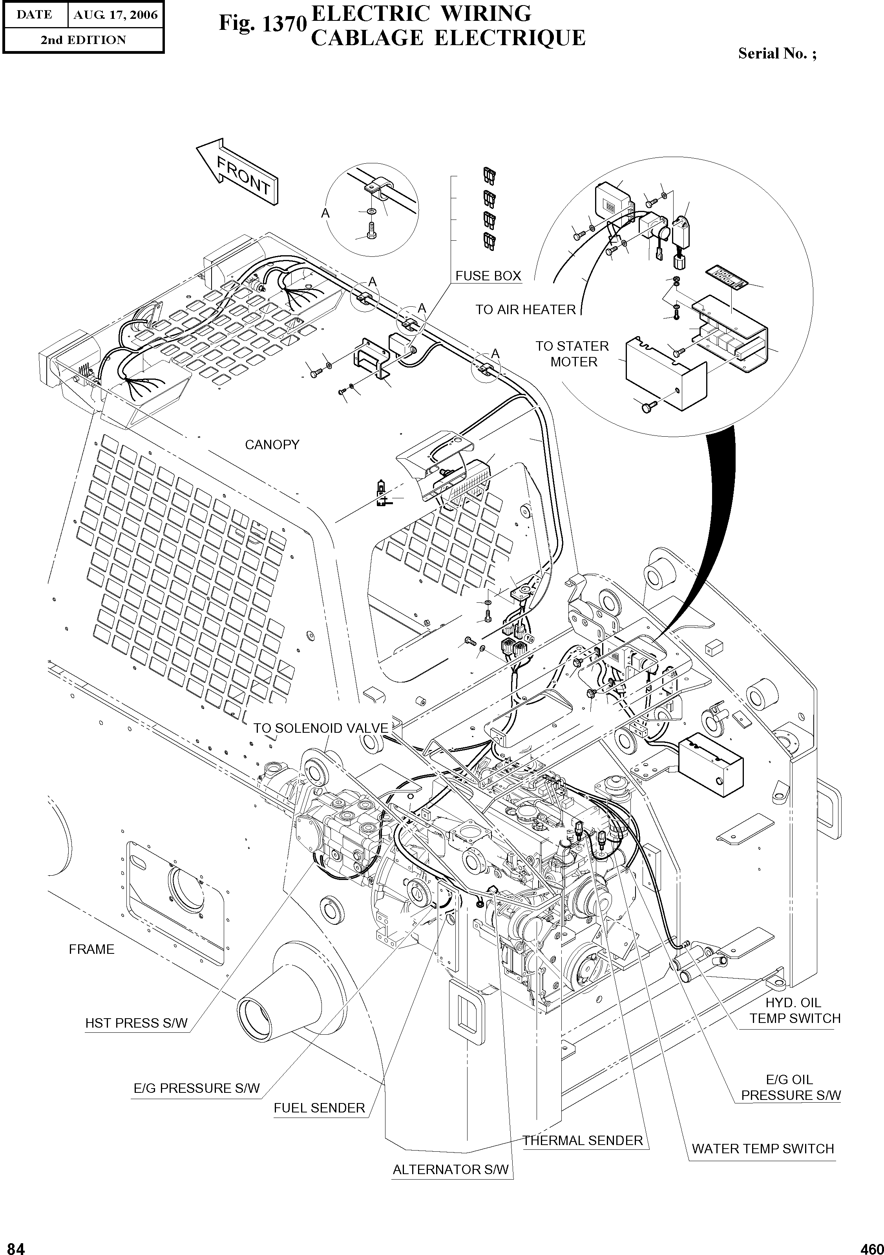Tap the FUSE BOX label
click(x=488, y=276)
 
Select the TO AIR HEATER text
click(x=525, y=310)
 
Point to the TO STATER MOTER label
click(x=572, y=354)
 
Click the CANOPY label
click(x=272, y=445)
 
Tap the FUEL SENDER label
click(x=319, y=1108)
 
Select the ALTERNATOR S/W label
click(x=450, y=1170)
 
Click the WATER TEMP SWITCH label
click(x=762, y=1149)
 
